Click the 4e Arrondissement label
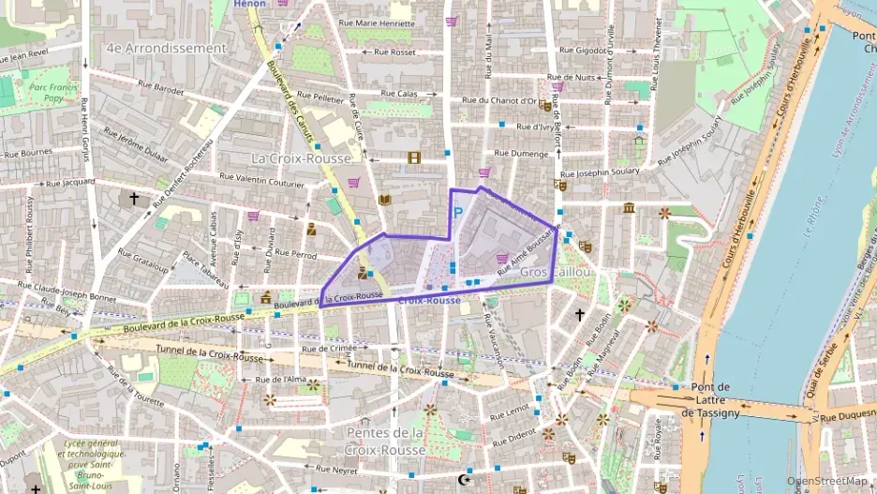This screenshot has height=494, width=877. point(166,48)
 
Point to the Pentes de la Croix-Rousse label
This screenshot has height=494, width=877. point(385,441)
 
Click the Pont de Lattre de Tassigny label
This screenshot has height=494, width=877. point(710,400)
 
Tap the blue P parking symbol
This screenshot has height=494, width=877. point(458,213)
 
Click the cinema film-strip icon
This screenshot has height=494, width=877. point(414,157)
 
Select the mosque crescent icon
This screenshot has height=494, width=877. point(462,481)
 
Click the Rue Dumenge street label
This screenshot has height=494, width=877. point(521,153)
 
